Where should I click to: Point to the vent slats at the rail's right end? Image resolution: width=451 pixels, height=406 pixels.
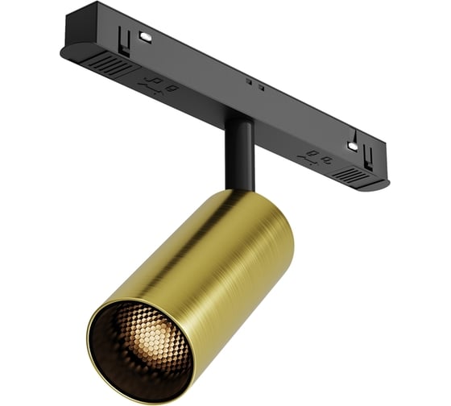[x=349, y=172]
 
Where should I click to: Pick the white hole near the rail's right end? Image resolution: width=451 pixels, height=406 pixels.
[x=350, y=145]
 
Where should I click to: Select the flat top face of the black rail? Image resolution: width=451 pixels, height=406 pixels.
[x=242, y=64]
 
